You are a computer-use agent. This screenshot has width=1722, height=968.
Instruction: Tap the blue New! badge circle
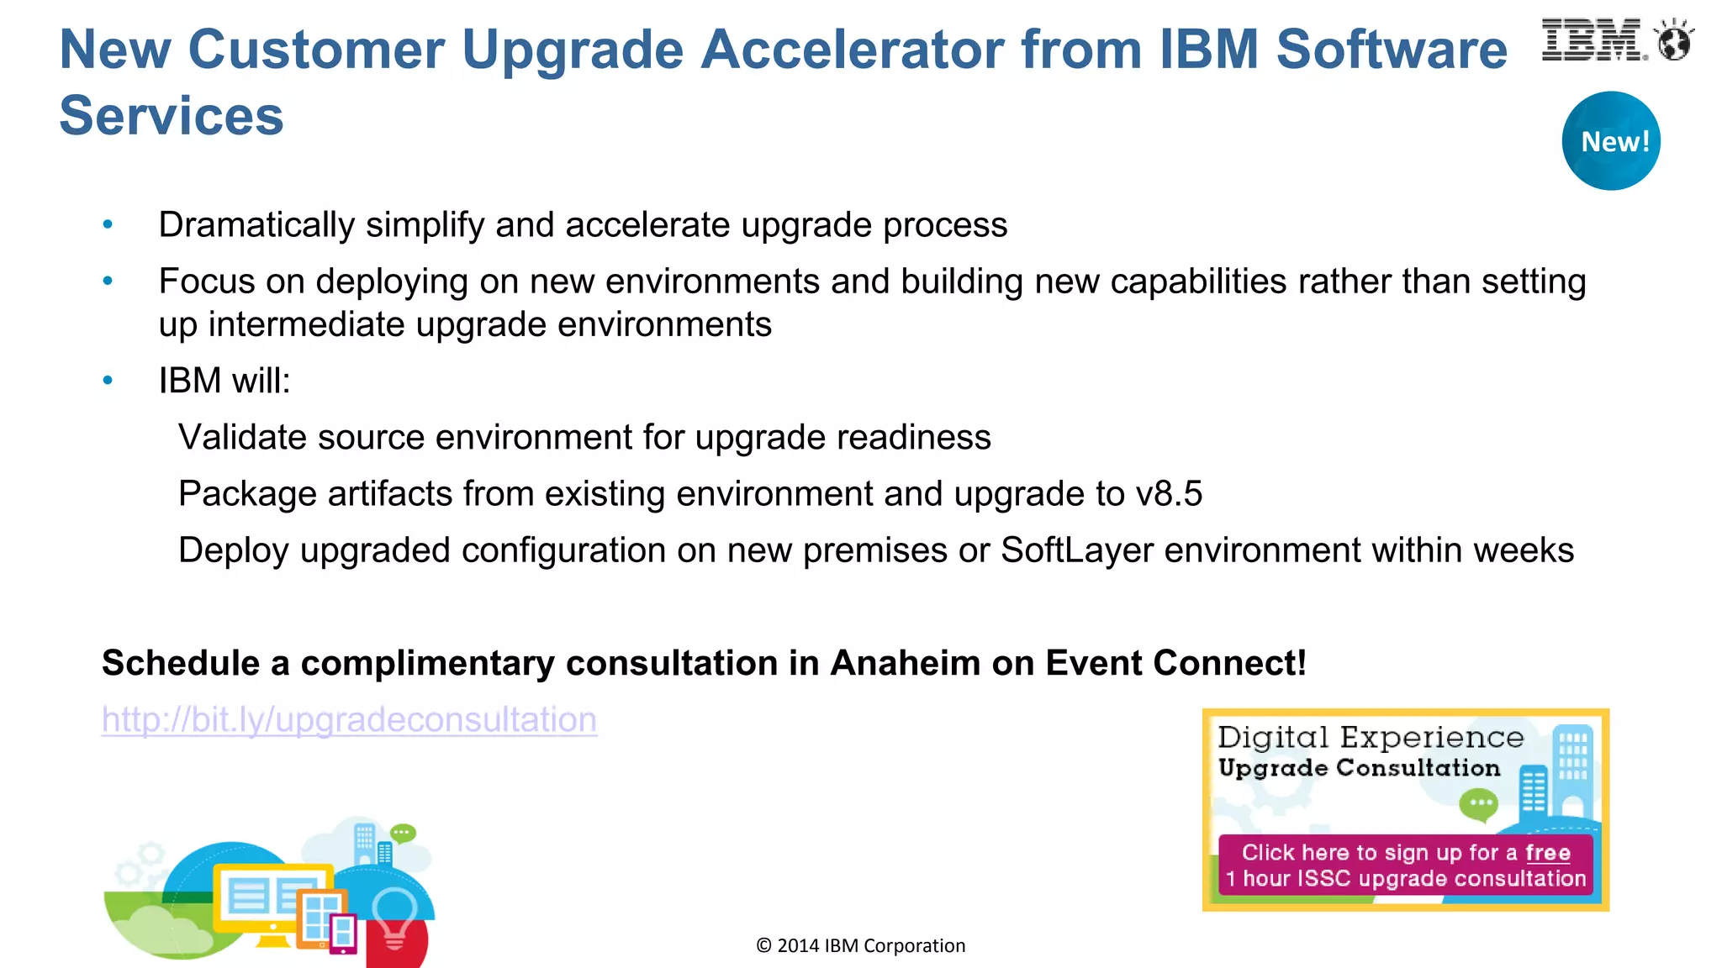[x=1611, y=140]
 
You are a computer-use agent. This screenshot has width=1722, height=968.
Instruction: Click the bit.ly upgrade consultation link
[x=349, y=720]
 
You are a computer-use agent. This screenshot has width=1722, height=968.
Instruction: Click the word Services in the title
[x=172, y=115]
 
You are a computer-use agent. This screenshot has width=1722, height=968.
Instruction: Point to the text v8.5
[x=1169, y=494]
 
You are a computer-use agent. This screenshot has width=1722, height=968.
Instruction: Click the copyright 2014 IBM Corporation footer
[x=860, y=946]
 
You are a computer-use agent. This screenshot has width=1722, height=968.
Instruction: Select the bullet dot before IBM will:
[x=108, y=381]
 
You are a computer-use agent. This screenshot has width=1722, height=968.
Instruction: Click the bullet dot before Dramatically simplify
[x=108, y=224]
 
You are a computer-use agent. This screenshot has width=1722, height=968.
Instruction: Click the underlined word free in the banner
[x=1547, y=853]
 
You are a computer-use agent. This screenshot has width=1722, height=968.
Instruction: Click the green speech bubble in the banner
[x=1478, y=804]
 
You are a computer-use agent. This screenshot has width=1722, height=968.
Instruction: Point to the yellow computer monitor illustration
[x=271, y=900]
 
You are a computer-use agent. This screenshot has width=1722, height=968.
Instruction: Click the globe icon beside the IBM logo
[x=1673, y=41]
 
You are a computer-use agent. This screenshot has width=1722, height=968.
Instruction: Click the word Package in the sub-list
[x=248, y=494]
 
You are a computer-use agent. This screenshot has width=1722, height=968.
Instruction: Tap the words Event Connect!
[x=1175, y=663]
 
